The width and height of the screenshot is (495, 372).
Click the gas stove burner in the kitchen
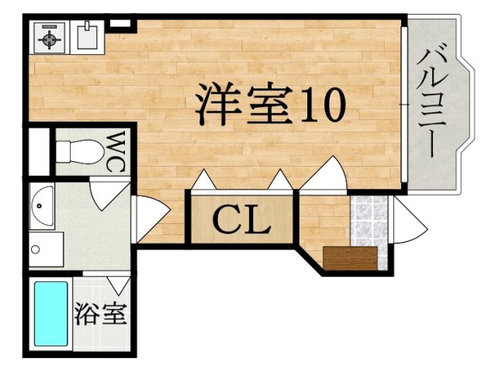50,37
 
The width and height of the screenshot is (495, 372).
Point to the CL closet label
241,220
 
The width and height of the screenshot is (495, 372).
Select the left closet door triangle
205,181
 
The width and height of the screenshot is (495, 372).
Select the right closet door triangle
280,181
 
